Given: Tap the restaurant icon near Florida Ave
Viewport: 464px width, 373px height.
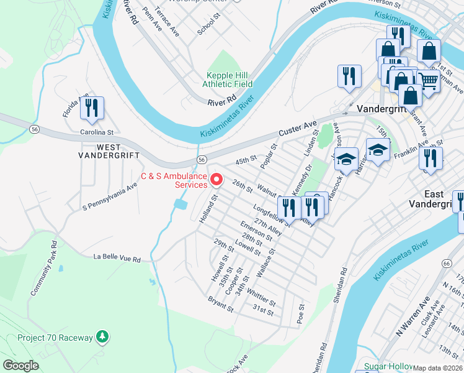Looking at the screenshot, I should pos(92,108).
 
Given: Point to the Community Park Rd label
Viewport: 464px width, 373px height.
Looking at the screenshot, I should pos(43,268).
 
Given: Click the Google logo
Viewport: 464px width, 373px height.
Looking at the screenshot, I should pos(21,366).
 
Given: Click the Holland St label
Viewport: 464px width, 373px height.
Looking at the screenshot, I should pos(207,210).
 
